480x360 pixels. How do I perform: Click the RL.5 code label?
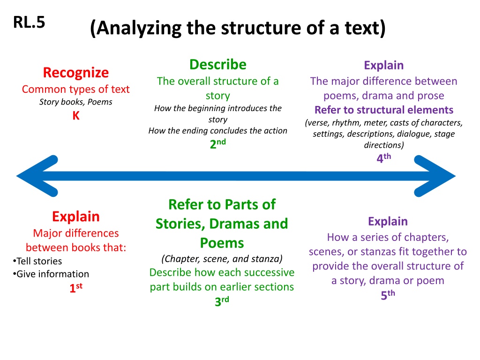29,22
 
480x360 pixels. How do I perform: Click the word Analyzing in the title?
140,28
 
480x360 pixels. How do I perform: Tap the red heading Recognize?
75,73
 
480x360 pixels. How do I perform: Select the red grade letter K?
76,116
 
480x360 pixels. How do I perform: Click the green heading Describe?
217,65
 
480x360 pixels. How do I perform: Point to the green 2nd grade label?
217,143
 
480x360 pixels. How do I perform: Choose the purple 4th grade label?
383,157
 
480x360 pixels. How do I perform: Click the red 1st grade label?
75,288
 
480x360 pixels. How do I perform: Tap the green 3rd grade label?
222,301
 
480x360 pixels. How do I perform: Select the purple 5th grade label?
388,295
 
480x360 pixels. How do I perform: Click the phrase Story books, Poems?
75,102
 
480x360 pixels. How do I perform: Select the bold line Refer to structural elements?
384,110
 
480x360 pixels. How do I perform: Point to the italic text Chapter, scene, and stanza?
222,259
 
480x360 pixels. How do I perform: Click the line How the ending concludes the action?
217,131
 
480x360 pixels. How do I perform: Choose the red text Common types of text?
75,89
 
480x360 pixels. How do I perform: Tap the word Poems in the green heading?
222,243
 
